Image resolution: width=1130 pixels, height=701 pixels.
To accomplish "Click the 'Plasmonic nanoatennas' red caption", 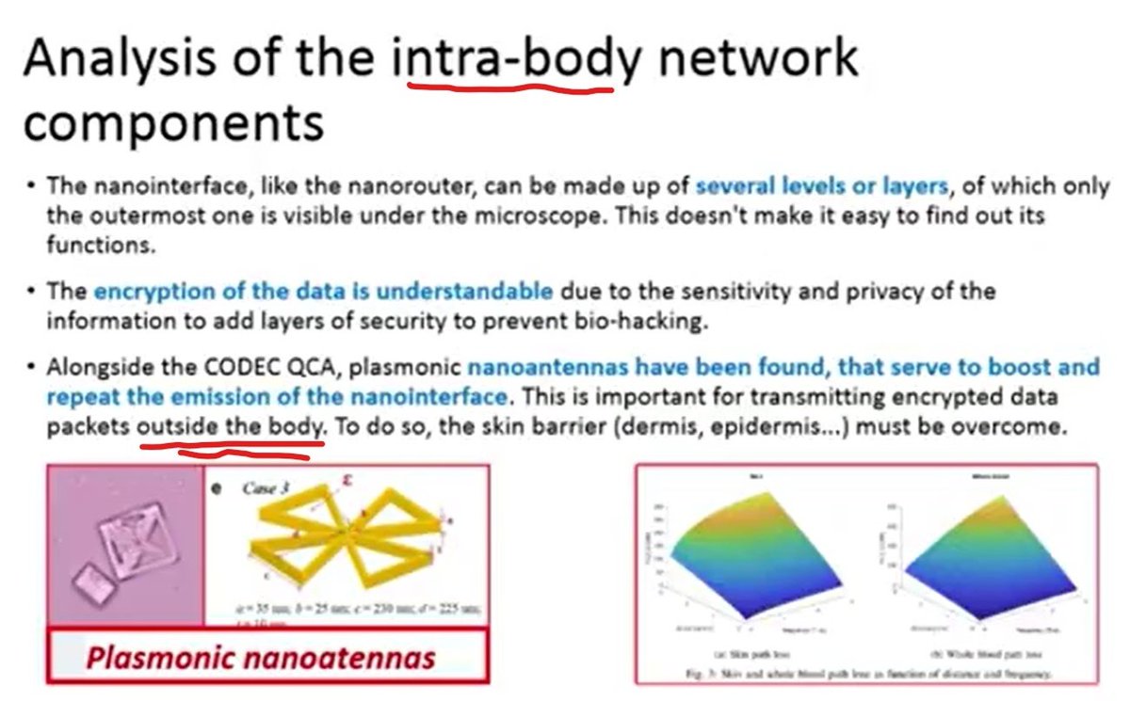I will (x=261, y=657).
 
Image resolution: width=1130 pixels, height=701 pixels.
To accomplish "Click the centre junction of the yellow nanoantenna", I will (x=350, y=541).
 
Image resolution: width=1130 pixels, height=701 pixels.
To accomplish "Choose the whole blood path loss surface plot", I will (x=979, y=560).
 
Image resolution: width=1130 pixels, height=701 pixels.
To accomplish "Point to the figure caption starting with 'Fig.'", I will (x=866, y=674).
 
